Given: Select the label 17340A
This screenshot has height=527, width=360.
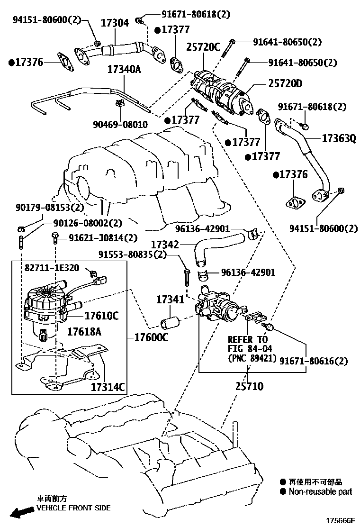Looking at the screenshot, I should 124,69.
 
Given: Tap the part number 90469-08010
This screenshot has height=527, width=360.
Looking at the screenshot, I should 120,125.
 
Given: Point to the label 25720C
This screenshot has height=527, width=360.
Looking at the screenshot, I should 203,46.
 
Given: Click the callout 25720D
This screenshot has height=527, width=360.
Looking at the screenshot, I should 285,84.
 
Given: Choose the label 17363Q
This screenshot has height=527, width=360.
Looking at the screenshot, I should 339,139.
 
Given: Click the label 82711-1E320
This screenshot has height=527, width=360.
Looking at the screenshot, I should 53,267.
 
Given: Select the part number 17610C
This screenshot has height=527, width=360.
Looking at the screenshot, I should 101,316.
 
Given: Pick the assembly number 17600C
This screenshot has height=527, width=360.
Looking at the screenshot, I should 151,337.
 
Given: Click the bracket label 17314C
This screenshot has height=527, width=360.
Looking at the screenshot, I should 108,387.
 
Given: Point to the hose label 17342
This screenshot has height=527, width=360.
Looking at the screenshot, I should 165,245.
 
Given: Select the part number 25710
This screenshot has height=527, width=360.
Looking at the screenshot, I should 249,386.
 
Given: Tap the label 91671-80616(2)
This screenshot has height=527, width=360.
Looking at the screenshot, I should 313,361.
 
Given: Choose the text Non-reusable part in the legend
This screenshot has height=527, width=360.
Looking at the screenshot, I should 320,491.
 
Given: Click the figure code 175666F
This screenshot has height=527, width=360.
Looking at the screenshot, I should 339,520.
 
